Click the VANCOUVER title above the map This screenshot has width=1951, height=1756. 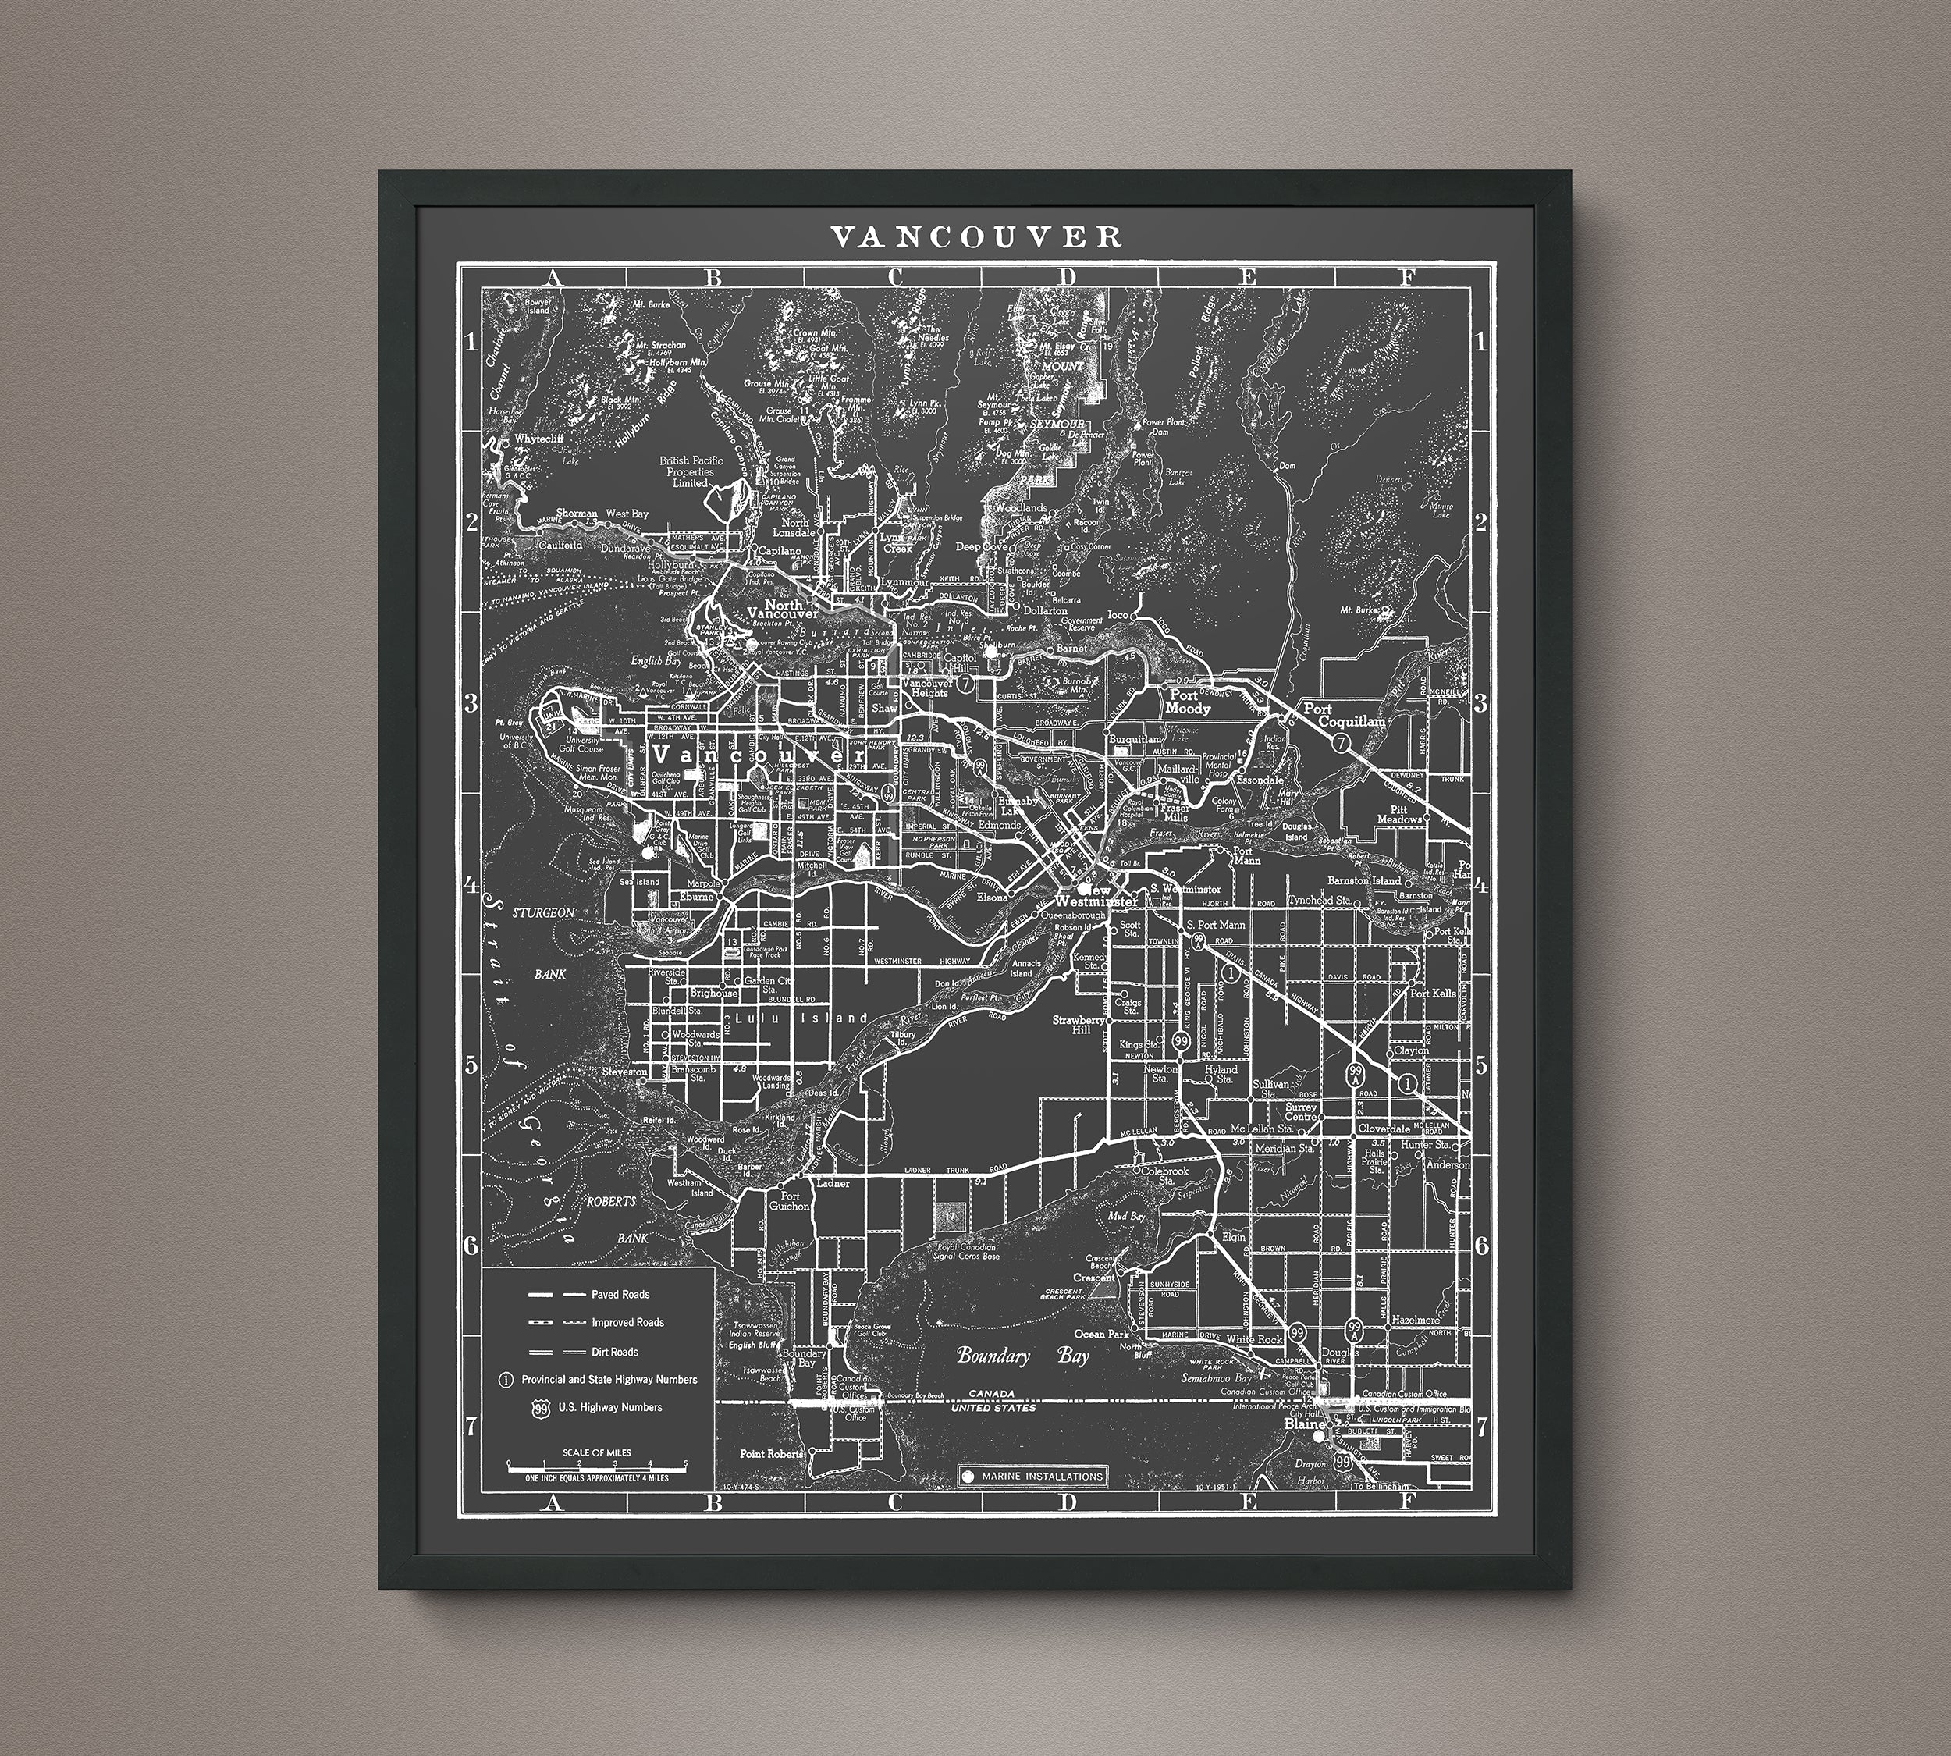pyautogui.click(x=975, y=237)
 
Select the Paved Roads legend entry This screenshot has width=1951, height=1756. pyautogui.click(x=620, y=1295)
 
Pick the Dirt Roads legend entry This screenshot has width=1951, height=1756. pyautogui.click(x=615, y=1352)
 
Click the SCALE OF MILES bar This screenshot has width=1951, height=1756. pyautogui.click(x=596, y=1463)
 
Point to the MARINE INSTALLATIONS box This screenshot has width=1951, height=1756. pyautogui.click(x=1033, y=1476)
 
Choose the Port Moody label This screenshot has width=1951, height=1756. pyautogui.click(x=1187, y=702)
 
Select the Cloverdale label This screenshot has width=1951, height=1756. pyautogui.click(x=1384, y=1128)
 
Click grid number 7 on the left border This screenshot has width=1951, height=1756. pyautogui.click(x=471, y=1426)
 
